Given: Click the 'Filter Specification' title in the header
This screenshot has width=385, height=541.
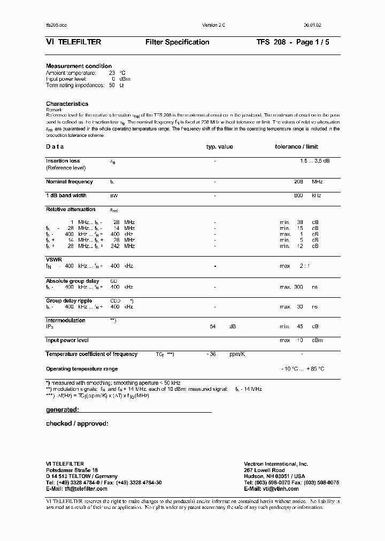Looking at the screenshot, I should pos(177,42).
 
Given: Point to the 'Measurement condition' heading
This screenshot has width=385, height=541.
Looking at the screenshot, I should pos(79,66).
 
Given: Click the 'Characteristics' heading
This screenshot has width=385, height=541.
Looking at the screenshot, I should pos(67,104).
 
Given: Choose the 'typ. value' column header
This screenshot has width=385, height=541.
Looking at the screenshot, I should pos(220,146).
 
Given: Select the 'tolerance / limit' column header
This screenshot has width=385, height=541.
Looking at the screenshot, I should pos(296,146).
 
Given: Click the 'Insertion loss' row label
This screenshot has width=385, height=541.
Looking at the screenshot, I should pos(63,161).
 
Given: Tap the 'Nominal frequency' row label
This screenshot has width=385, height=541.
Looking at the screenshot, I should pos(70,182).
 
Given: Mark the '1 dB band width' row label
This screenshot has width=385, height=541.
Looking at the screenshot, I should pos(66,196).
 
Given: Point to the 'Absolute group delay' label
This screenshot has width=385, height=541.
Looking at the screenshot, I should pos(72,281).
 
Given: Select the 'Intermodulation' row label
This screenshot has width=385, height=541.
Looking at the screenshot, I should pos(66,321).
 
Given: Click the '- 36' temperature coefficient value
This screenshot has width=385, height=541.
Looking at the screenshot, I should pos(211,354).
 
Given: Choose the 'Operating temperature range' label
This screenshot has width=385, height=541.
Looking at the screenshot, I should pos(82,369).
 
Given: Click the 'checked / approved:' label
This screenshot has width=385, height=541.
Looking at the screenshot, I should pos(77,423).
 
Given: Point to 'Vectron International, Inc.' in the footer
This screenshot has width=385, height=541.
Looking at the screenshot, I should pos(276,464).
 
